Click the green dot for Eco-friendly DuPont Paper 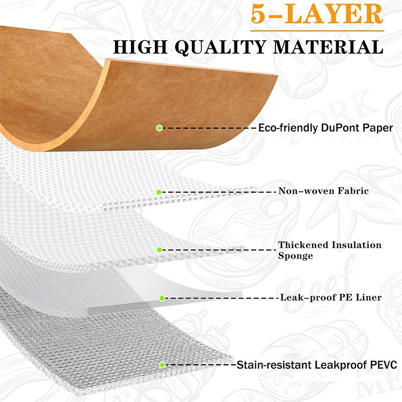pyautogui.click(x=159, y=128)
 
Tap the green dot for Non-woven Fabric pyautogui.click(x=159, y=192)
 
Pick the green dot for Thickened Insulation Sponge pyautogui.click(x=159, y=250)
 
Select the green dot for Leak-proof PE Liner pyautogui.click(x=161, y=298)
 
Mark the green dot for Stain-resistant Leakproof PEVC pyautogui.click(x=162, y=364)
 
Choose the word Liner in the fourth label pyautogui.click(x=368, y=297)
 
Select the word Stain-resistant pyautogui.click(x=272, y=365)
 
